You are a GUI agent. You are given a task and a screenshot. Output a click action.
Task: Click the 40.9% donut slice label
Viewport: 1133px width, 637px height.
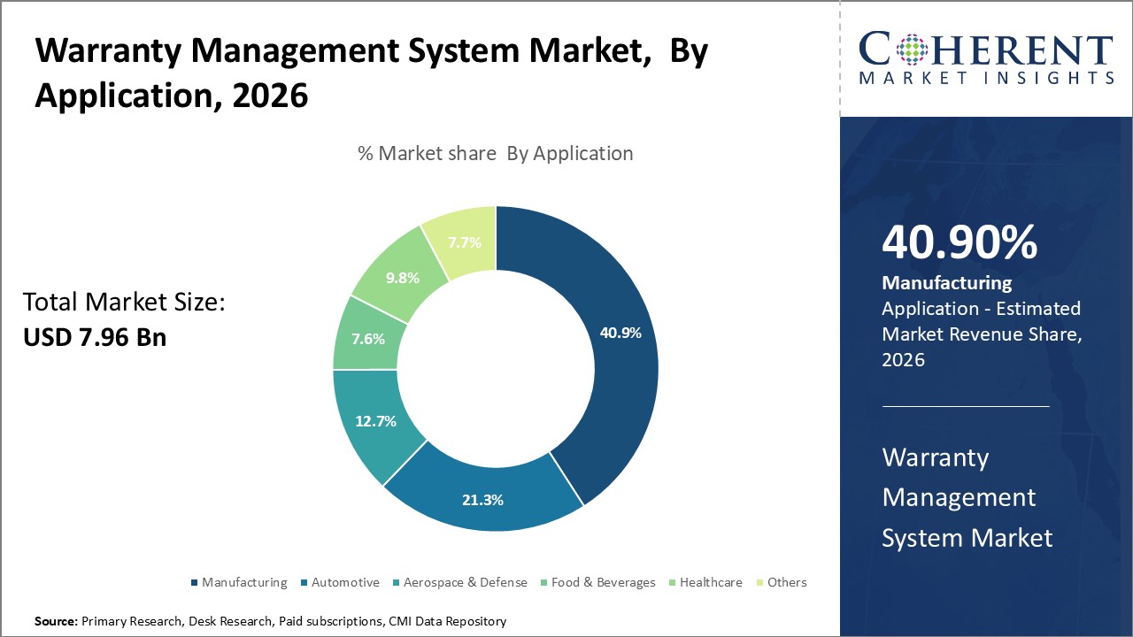[620, 334]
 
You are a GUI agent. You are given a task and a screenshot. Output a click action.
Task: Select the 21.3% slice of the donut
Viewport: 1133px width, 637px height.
[482, 500]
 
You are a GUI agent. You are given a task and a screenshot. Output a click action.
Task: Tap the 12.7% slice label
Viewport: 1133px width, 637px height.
[375, 421]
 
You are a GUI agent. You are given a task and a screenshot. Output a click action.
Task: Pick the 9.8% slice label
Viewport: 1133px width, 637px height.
[403, 277]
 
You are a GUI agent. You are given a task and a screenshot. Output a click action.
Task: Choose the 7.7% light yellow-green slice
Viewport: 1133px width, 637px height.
[464, 242]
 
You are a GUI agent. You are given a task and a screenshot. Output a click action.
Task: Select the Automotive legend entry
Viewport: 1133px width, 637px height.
[345, 582]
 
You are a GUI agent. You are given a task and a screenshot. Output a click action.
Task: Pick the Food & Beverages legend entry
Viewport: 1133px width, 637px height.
[603, 582]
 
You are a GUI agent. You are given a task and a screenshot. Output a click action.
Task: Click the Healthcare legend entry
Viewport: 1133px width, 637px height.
[711, 582]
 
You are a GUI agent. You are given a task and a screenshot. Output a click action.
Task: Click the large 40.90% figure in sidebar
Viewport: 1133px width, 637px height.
[960, 242]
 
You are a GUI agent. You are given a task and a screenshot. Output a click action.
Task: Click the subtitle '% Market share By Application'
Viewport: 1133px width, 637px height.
[495, 153]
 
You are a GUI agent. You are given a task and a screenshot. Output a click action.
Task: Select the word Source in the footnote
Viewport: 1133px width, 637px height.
[55, 621]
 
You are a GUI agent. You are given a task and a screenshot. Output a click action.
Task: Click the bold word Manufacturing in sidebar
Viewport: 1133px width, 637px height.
[946, 283]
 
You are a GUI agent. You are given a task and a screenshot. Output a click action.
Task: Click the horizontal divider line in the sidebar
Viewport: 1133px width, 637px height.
[966, 406]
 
